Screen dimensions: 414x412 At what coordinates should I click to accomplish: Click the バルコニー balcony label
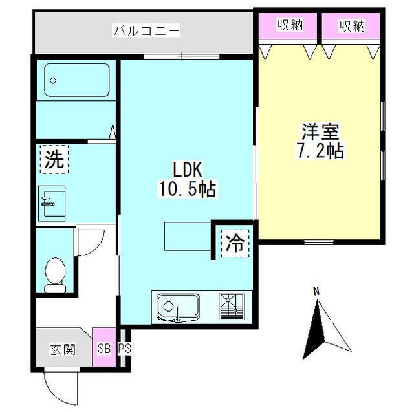(x=147, y=30)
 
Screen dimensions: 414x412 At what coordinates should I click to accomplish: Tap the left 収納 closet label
(x=290, y=25)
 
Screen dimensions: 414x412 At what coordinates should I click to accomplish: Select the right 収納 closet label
(x=352, y=26)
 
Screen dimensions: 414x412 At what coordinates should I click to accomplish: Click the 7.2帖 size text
(x=320, y=151)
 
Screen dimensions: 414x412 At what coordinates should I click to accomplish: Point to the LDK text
(x=188, y=169)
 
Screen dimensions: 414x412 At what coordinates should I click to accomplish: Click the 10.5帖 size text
(x=187, y=189)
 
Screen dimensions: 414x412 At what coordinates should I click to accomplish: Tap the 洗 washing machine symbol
(x=54, y=159)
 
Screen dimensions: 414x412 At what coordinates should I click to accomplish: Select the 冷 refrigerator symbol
(x=235, y=243)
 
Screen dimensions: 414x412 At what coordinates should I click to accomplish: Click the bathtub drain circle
(x=53, y=80)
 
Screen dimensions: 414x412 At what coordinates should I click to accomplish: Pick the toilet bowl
(x=55, y=274)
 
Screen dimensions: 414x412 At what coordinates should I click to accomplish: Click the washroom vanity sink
(x=52, y=204)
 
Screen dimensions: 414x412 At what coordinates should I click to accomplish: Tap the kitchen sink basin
(x=178, y=307)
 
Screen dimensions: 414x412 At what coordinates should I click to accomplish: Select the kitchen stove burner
(x=232, y=307)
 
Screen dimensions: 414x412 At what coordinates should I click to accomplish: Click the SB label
(x=104, y=349)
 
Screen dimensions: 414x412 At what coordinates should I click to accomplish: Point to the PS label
(x=124, y=349)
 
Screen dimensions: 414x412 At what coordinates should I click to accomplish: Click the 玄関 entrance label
(x=63, y=350)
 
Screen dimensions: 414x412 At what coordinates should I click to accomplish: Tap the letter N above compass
(x=316, y=292)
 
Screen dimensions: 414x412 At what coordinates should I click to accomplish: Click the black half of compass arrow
(x=315, y=332)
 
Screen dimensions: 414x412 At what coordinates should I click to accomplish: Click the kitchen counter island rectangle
(x=188, y=236)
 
